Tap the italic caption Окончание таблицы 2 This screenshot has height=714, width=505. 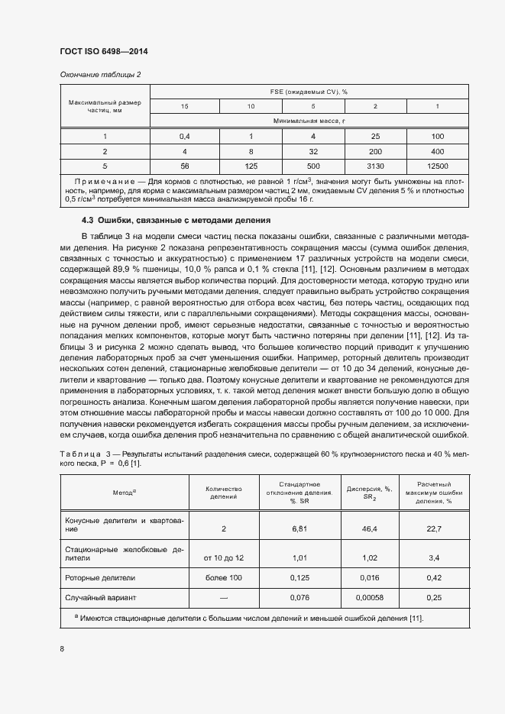click(x=100, y=74)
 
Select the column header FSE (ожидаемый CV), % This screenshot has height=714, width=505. click(x=309, y=91)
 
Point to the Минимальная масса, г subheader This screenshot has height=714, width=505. click(x=309, y=121)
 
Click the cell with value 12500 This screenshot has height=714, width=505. click(x=437, y=165)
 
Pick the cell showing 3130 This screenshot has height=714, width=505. click(x=374, y=165)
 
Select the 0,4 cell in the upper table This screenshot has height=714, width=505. click(x=184, y=136)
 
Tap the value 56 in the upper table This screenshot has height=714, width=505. click(x=184, y=165)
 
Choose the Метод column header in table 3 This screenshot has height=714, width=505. click(x=124, y=492)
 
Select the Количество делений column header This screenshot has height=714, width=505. click(x=224, y=492)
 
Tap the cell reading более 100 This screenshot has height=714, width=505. click(x=224, y=578)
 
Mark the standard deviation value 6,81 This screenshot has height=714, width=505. click(x=299, y=528)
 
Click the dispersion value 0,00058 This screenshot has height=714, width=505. click(x=369, y=597)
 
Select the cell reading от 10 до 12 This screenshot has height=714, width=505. click(x=224, y=557)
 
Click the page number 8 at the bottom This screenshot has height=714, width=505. click(x=62, y=648)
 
